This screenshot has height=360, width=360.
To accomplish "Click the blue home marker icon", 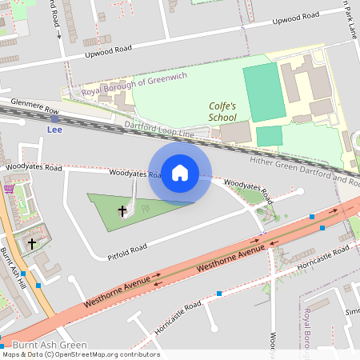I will [x=180, y=172].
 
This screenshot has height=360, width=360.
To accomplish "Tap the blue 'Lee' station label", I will [x=54, y=129].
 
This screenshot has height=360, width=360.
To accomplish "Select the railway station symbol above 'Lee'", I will [x=54, y=118].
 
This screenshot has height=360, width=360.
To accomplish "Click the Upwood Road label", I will [x=108, y=54].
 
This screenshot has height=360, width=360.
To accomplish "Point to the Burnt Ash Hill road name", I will [x=14, y=268].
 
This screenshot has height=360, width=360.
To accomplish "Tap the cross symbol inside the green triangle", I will [x=123, y=211].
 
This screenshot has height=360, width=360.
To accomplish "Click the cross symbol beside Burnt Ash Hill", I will [x=32, y=242].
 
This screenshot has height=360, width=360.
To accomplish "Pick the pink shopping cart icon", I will [x=9, y=189].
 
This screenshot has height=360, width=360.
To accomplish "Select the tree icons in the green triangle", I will [x=145, y=208].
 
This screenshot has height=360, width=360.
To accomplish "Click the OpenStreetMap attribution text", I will [x=80, y=354].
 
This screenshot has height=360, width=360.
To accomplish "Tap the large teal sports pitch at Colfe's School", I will [x=263, y=93].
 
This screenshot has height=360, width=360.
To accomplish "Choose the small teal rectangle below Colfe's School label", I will [x=269, y=135].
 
